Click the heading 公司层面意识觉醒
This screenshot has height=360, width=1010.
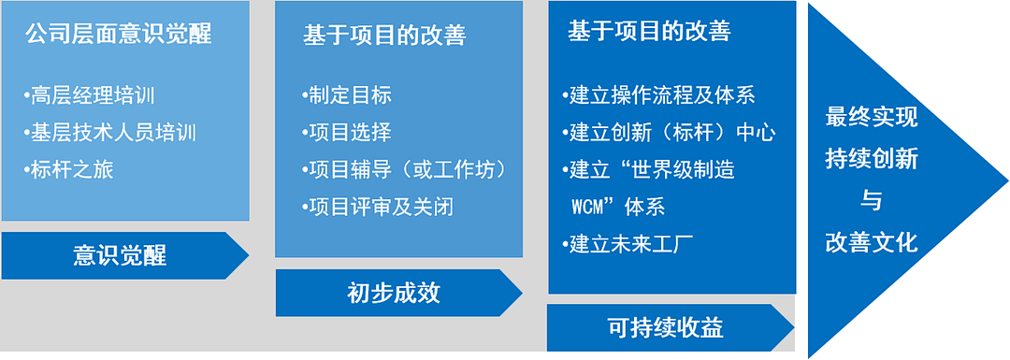(119, 35)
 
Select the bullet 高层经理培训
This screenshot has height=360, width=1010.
(89, 96)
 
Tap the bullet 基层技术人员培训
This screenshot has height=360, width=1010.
(109, 134)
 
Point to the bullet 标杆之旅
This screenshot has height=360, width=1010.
(68, 170)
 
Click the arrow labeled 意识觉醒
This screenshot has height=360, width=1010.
(125, 255)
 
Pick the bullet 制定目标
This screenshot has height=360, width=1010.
(346, 96)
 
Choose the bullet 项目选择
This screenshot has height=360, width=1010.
(346, 133)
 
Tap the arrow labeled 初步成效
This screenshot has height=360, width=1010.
(398, 293)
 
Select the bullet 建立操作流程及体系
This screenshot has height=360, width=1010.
(658, 96)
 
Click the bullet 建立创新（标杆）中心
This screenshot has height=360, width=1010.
(669, 134)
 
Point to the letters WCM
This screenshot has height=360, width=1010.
(587, 209)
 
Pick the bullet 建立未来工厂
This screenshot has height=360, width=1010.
(628, 245)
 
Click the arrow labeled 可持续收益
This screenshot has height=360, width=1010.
(670, 328)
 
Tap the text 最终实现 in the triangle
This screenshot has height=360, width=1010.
(872, 118)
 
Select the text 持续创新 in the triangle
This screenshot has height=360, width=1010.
(872, 159)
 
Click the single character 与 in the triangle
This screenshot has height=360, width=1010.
(872, 202)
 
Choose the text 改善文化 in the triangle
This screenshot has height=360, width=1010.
(872, 243)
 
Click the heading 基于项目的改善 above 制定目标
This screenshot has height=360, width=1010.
(384, 36)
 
